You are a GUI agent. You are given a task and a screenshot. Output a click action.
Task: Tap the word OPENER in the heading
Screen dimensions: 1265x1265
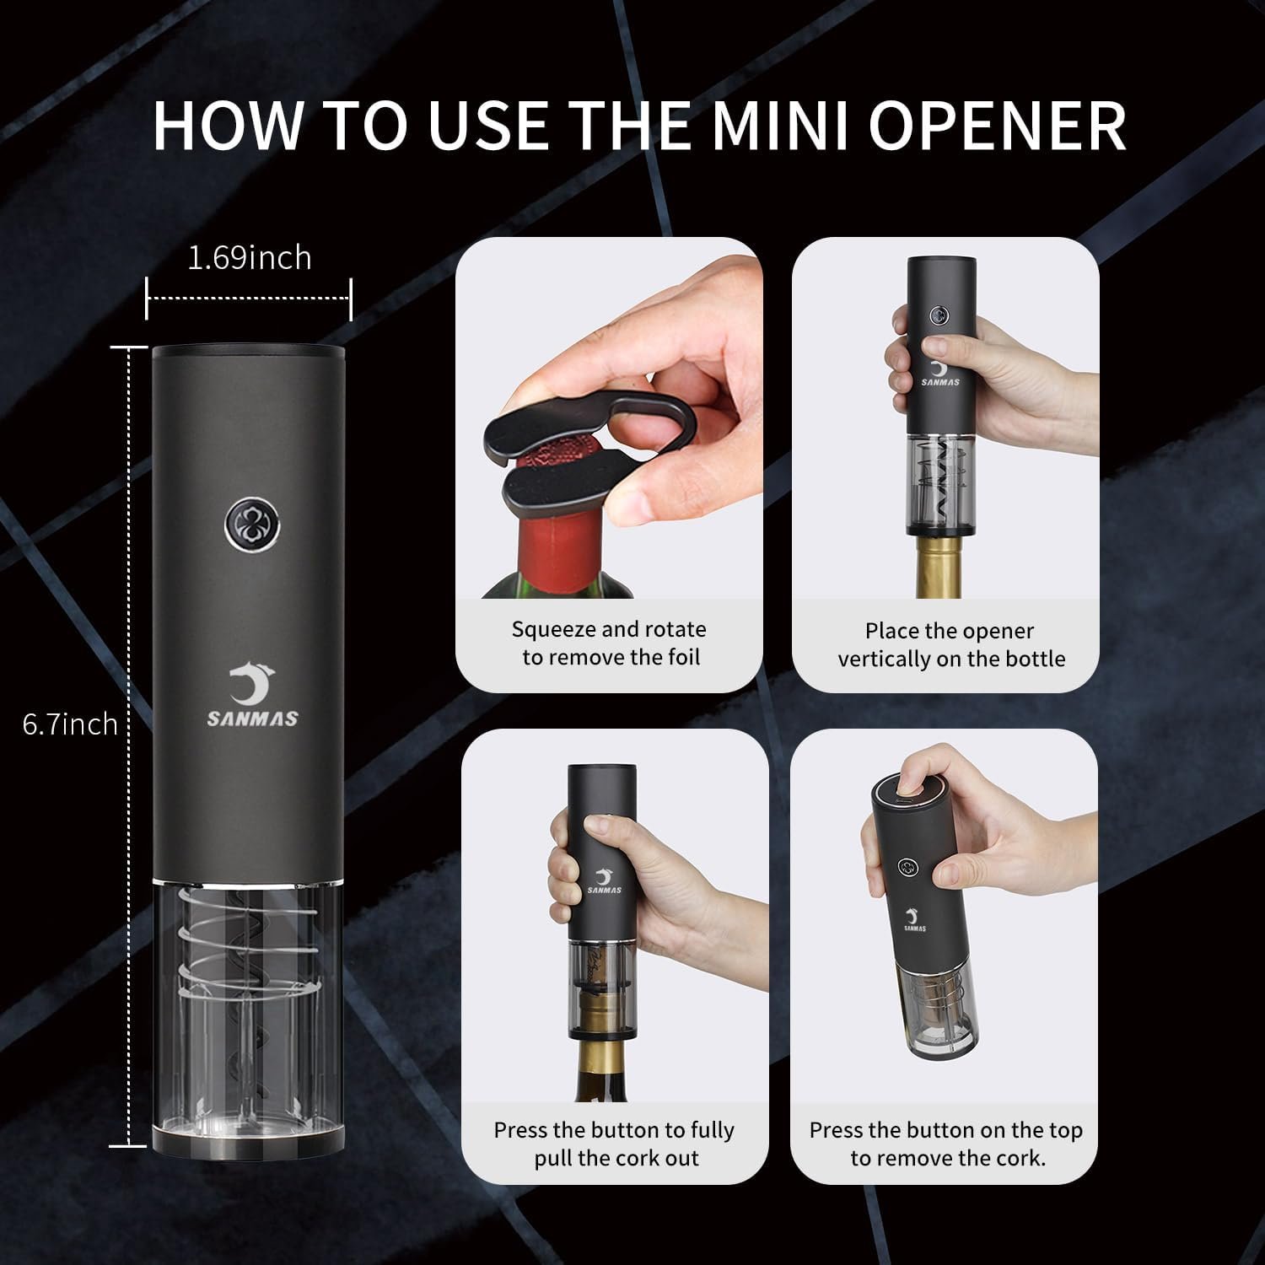pos(997,126)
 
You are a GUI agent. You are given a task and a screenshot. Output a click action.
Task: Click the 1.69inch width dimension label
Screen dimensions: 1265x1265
pos(249,257)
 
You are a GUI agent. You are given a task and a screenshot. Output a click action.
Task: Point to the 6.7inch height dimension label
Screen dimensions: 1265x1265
pos(70,724)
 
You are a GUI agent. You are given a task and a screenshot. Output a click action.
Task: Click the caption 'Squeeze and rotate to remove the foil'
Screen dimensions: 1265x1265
pos(609,643)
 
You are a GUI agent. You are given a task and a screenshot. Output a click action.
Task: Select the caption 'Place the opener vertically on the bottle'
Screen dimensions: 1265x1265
pos(950,644)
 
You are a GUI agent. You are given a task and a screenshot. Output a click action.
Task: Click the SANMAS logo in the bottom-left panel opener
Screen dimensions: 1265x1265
pos(604,881)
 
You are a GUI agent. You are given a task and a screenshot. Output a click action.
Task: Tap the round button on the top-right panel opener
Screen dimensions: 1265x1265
pos(939,315)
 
